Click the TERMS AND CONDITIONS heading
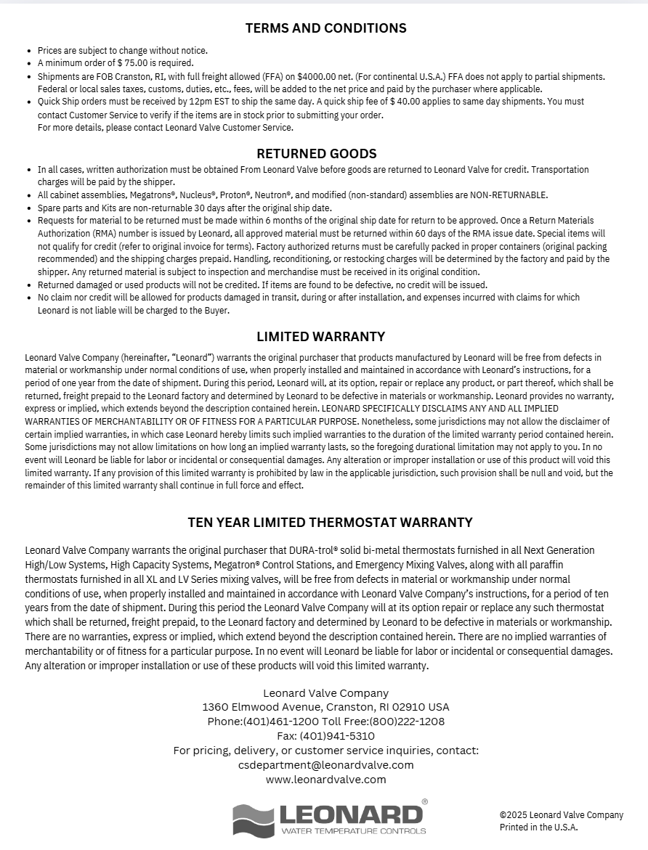[325, 28]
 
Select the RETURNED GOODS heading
[316, 153]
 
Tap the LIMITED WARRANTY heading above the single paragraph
[320, 337]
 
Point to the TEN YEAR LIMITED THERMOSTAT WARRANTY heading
[330, 523]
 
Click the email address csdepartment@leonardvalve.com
[325, 765]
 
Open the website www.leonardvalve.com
[325, 780]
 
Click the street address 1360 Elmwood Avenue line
[325, 707]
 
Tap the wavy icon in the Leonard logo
[253, 820]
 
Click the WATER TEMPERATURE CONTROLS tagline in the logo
[353, 830]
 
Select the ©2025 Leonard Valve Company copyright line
[561, 815]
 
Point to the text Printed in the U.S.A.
[538, 827]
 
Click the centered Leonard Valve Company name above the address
[325, 693]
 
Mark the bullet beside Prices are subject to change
[29, 51]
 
